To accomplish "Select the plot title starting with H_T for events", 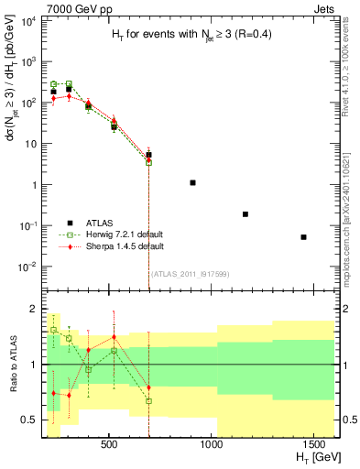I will click(190, 35).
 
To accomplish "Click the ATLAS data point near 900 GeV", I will click(192, 183).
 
